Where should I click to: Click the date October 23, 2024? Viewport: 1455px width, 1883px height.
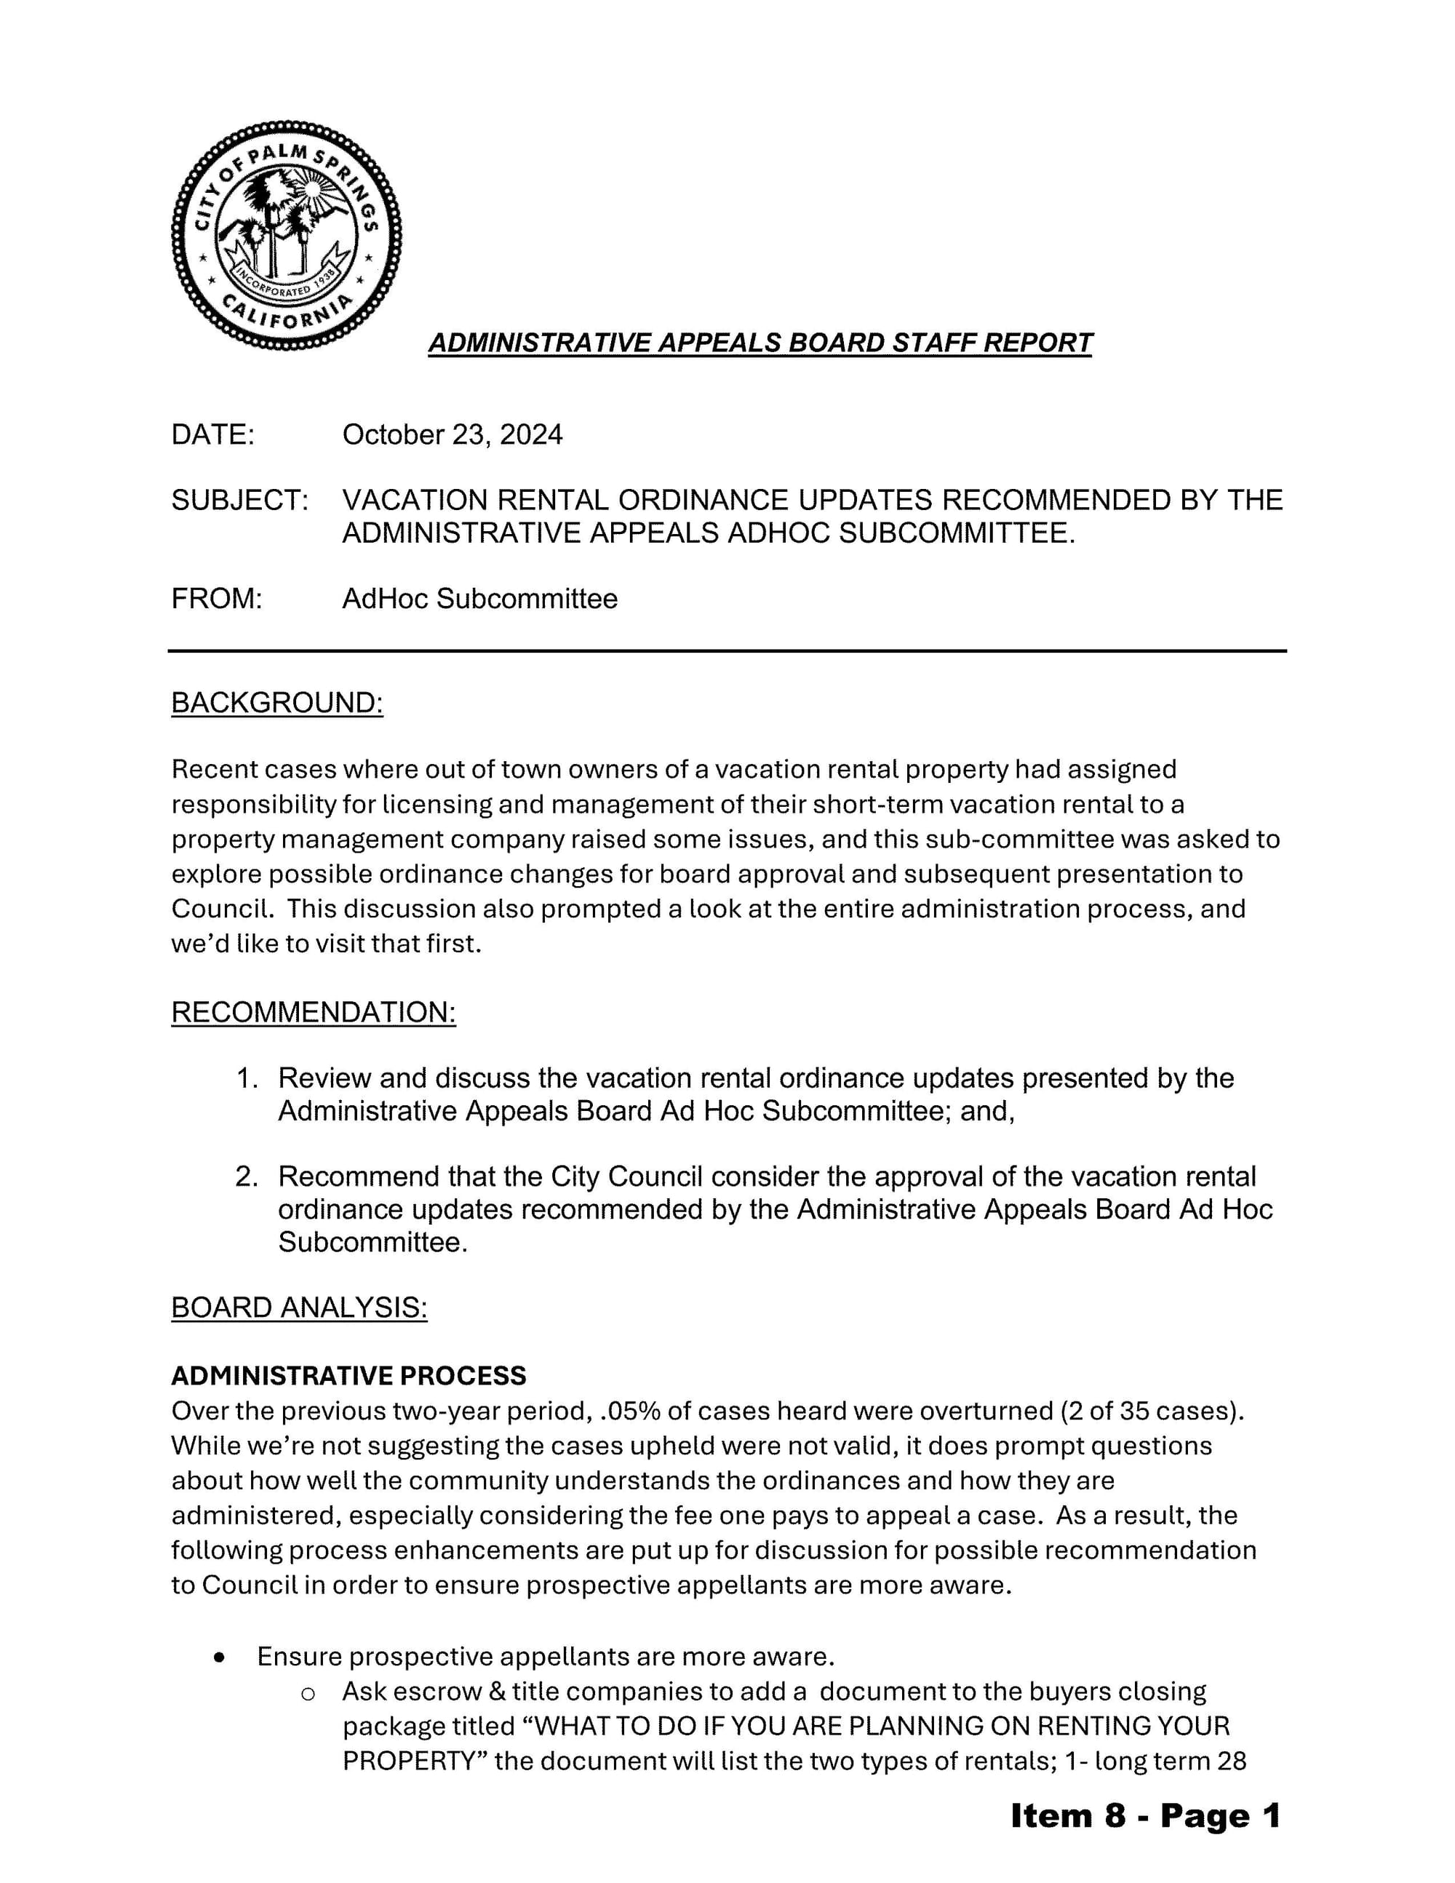pyautogui.click(x=452, y=434)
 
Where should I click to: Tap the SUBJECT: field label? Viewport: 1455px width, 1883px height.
pyautogui.click(x=239, y=500)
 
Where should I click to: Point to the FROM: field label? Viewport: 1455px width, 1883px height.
pyautogui.click(x=216, y=598)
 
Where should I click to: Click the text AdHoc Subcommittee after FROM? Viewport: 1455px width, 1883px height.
pyautogui.click(x=479, y=598)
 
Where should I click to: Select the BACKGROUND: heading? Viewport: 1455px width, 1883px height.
pyautogui.click(x=276, y=703)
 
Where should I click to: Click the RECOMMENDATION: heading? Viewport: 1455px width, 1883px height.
pyautogui.click(x=313, y=1012)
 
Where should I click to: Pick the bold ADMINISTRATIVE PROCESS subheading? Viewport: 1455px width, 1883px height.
pyautogui.click(x=348, y=1375)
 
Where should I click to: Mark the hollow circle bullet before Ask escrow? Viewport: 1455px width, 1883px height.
pyautogui.click(x=307, y=1694)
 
